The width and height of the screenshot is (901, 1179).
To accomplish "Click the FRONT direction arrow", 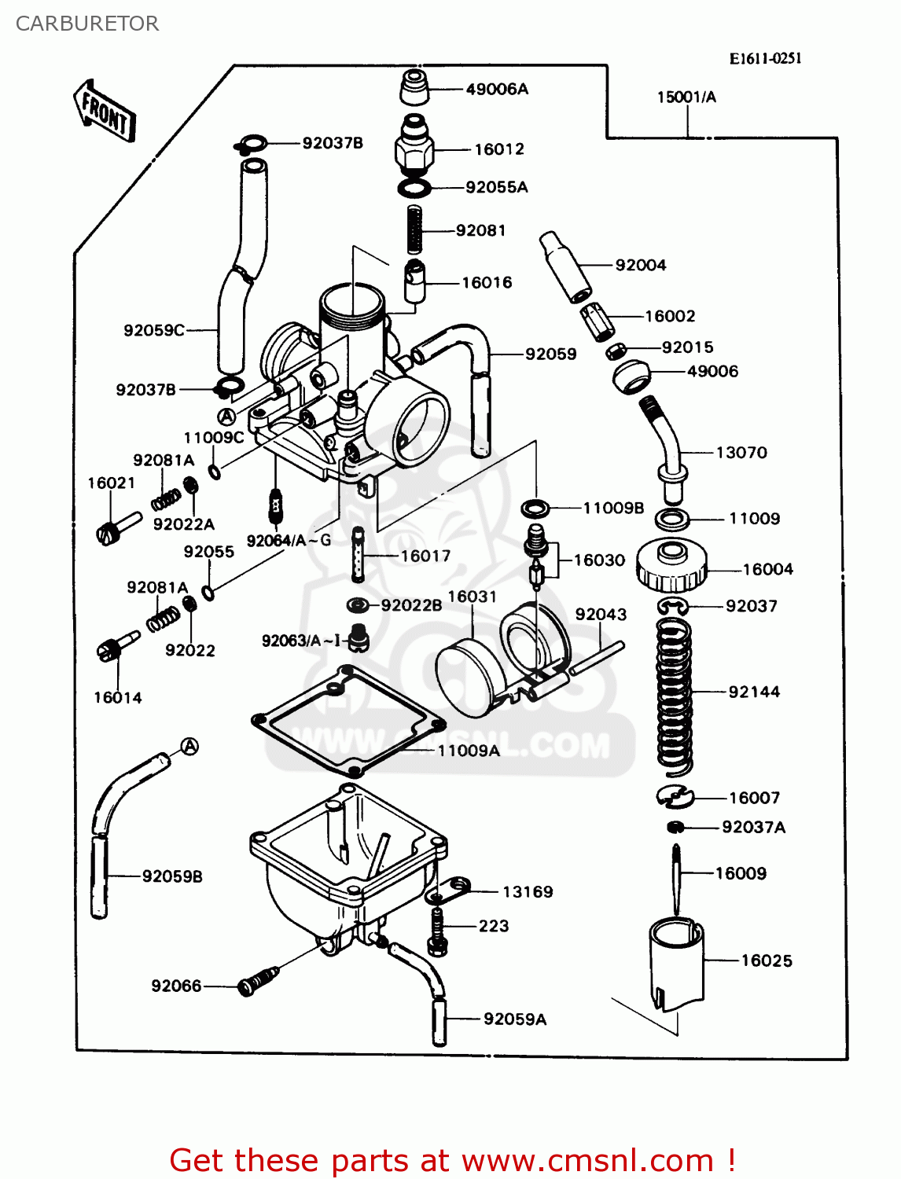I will [105, 112].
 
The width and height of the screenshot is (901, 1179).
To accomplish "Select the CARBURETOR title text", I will [87, 24].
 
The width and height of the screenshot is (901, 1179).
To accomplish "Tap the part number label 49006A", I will [497, 90].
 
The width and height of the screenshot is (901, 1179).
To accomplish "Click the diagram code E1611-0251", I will [765, 58].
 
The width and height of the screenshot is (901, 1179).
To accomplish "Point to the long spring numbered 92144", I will [675, 692].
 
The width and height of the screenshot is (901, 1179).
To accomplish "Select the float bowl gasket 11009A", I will [348, 722].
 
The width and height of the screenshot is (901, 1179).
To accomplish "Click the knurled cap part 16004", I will [671, 567].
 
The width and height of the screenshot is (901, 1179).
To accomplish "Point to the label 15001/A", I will [686, 97].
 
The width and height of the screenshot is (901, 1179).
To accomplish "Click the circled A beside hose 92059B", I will [189, 747].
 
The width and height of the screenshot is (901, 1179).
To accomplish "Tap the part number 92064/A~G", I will [289, 541].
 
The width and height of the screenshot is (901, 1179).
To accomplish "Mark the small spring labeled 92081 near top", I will [415, 230].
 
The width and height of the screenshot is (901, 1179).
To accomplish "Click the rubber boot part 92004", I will [565, 266].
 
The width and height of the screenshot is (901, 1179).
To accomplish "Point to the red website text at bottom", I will [452, 1160].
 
